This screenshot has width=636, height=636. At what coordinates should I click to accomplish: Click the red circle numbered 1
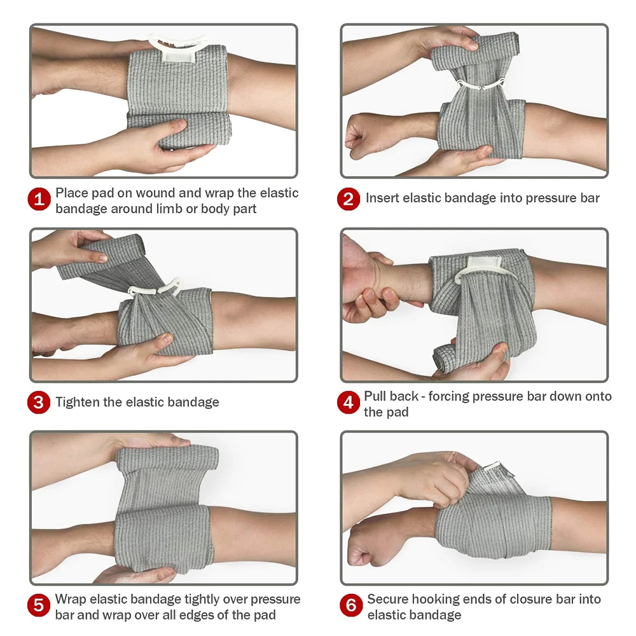[39, 200]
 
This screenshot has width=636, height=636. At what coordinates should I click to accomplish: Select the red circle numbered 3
[39, 403]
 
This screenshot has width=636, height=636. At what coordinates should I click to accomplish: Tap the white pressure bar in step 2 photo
[476, 86]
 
